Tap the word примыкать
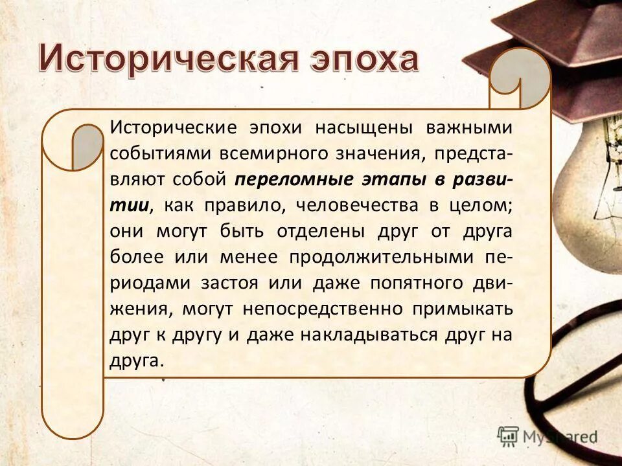pyautogui.click(x=463, y=309)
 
